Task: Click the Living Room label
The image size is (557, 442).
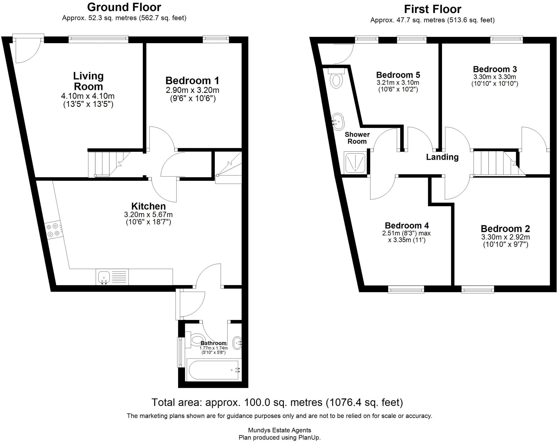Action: coord(88,81)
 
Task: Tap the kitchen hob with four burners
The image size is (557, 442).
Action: coord(53,230)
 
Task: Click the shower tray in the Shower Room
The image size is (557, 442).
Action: coord(355,163)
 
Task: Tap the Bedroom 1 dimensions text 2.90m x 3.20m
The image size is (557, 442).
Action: coord(192,90)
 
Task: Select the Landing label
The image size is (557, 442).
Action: coord(442,157)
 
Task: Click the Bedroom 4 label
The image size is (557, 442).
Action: coord(407,225)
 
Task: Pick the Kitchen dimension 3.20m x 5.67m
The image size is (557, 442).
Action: coord(148,214)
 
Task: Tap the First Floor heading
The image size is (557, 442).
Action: coord(432,9)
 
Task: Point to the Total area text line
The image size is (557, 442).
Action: coord(277,402)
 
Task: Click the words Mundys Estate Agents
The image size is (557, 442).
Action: coord(279,430)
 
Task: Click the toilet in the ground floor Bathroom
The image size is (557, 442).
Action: coord(195,340)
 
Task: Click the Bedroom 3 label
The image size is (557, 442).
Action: coord(495,69)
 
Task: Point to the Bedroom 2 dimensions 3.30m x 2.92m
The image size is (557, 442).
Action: coord(505,237)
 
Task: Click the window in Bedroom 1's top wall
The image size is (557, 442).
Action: coord(216,39)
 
